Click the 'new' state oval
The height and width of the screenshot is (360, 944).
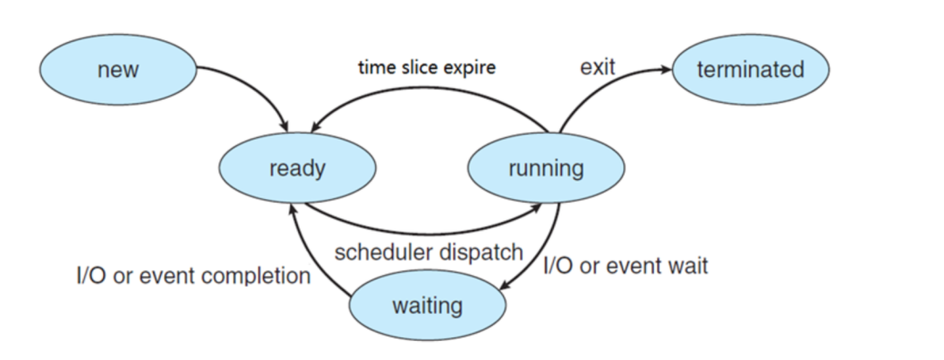(118, 69)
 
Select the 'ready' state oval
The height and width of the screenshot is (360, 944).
(297, 168)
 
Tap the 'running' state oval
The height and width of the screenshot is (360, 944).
(546, 168)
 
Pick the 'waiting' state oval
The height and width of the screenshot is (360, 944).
(427, 305)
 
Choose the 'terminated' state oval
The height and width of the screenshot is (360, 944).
(751, 69)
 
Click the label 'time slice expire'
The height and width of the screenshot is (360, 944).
(427, 66)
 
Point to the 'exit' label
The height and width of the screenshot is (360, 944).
(597, 67)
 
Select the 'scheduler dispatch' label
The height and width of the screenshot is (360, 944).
(428, 253)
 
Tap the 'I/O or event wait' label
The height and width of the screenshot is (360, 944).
(626, 265)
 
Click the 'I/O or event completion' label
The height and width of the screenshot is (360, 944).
(194, 276)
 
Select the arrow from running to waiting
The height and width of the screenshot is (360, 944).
(545, 253)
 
